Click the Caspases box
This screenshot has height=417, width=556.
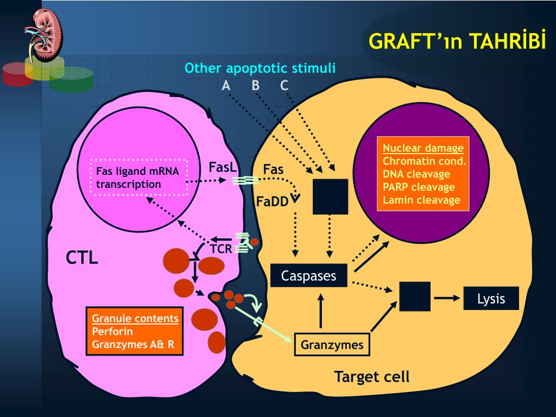coord(309,275)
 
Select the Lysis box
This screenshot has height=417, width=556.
coord(491,299)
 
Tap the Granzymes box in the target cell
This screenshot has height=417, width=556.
coord(332,344)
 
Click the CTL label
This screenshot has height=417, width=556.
coord(82,258)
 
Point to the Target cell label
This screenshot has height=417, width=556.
coord(372,377)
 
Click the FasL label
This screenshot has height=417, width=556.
coord(222,167)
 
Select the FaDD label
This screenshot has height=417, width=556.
coord(273,202)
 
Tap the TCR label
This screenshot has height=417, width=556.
coord(221,249)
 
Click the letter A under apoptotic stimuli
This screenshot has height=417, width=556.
coord(226,85)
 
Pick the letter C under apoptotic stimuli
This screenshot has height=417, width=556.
coord(284,85)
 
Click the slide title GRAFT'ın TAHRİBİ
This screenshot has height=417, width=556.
coord(457,41)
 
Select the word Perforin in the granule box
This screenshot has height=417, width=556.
coord(112,332)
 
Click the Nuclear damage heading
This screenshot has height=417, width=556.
coord(423,148)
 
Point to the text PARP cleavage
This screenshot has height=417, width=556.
coord(419,187)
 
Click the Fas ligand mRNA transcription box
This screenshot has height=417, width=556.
coord(138,178)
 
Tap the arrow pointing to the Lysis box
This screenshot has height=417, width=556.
coord(447,298)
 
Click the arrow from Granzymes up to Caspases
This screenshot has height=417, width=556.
coord(320,311)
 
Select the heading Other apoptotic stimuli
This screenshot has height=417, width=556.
coord(260,68)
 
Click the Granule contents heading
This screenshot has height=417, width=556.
coord(135,318)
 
